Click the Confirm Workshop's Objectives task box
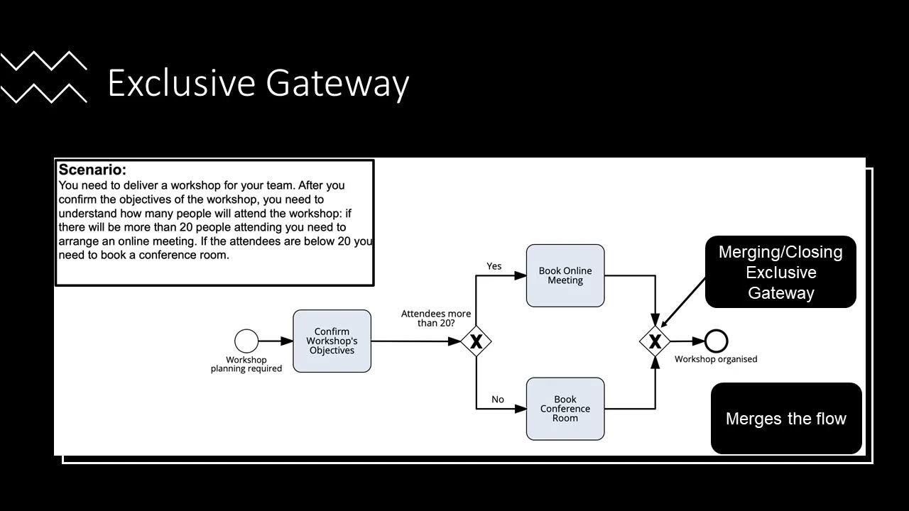pos(332,341)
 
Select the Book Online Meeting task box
pos(565,275)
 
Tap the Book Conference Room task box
pos(565,409)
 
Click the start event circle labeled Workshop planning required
pos(246,341)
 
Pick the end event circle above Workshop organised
pos(716,341)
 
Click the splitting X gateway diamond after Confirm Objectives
pos(476,341)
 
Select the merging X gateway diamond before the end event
pos(655,341)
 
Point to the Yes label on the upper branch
pos(494,266)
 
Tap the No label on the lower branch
pos(498,400)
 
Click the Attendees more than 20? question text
pos(436,318)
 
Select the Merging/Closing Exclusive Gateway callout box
pos(780,272)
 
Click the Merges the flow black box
pos(786,419)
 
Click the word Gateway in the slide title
pos(338,82)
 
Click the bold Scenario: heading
pos(92,170)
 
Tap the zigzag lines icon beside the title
pos(44,77)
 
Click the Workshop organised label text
pos(716,359)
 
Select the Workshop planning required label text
pos(246,364)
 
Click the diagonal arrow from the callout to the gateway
pos(683,302)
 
